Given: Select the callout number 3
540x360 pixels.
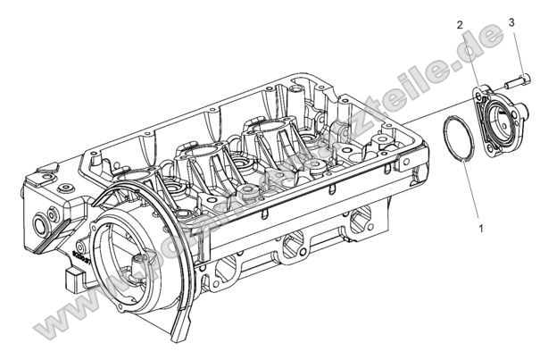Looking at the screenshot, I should (511, 20).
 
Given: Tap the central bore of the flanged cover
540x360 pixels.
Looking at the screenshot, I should (503, 124).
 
